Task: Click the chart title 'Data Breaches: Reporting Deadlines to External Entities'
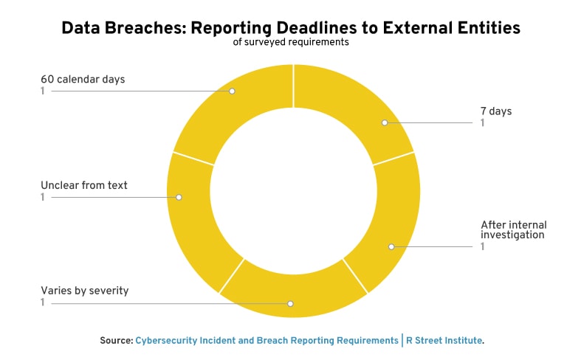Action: click(x=291, y=28)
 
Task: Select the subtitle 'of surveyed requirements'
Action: click(x=291, y=42)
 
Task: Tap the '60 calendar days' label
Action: click(x=83, y=79)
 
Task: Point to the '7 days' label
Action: click(x=496, y=111)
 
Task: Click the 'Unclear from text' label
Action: click(x=83, y=185)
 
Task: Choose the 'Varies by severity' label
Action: click(x=84, y=291)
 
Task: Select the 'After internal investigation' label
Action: click(x=514, y=229)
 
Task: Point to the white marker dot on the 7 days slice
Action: click(x=385, y=122)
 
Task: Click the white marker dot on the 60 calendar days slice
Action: click(x=232, y=91)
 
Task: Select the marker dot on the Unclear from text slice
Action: click(x=179, y=197)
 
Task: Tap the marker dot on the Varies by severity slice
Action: click(x=291, y=304)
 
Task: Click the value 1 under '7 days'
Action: click(x=482, y=123)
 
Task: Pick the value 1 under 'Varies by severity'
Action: click(x=43, y=302)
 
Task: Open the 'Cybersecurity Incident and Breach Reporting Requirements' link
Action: click(x=267, y=340)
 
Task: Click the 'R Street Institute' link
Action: click(x=444, y=340)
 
